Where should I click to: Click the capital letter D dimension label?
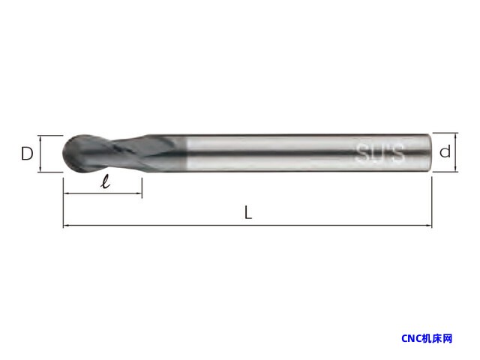27,154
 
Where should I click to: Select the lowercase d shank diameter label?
445,151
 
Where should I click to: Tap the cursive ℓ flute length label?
106,181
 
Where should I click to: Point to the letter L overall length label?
248,212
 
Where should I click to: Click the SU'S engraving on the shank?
380,152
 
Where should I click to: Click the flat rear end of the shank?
430,152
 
